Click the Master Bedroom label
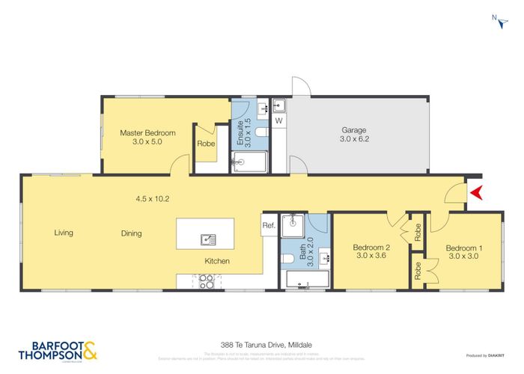147,133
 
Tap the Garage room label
354,129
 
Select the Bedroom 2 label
371,248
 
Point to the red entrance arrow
475,194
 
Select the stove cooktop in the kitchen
207,282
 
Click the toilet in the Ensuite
260,132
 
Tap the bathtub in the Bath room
307,280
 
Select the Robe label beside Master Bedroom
206,144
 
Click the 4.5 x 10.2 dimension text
153,199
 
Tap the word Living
64,233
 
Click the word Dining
131,233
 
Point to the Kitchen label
217,261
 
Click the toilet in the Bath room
290,259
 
